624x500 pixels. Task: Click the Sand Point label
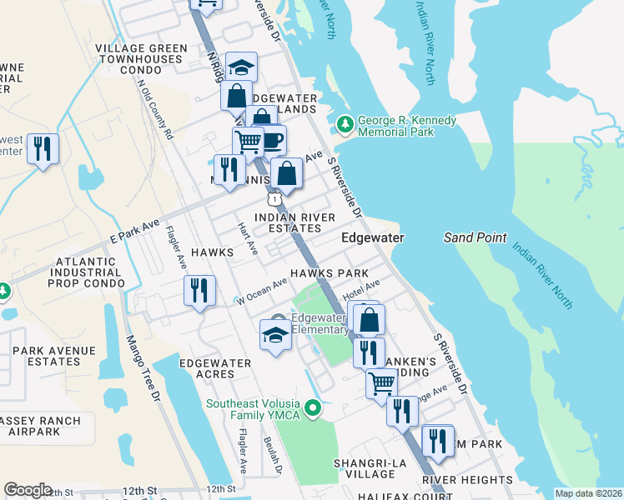point(476,237)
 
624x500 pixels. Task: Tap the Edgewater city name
point(373,238)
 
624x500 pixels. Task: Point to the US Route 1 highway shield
point(273,199)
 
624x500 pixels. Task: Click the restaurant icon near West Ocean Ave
point(199,291)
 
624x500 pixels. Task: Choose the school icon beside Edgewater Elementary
point(274,335)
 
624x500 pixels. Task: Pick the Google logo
point(28,490)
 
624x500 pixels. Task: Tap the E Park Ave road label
point(134,226)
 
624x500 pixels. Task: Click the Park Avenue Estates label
point(47,356)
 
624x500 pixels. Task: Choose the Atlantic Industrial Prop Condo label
point(87,272)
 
